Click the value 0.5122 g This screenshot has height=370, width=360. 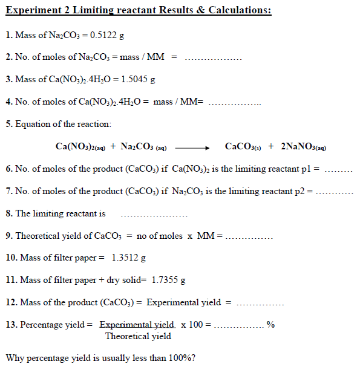(109, 35)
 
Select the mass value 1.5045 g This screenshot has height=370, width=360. (139, 79)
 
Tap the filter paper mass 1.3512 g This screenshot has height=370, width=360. (129, 258)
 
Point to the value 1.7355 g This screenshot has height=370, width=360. (168, 280)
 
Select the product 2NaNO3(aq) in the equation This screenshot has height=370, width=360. (304, 147)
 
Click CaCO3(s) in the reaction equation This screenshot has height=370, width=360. (243, 147)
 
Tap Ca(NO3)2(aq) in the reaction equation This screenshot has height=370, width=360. (80, 147)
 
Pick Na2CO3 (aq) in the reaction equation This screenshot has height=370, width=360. (144, 147)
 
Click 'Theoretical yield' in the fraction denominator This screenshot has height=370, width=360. (138, 336)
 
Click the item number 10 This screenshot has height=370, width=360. (10, 258)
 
